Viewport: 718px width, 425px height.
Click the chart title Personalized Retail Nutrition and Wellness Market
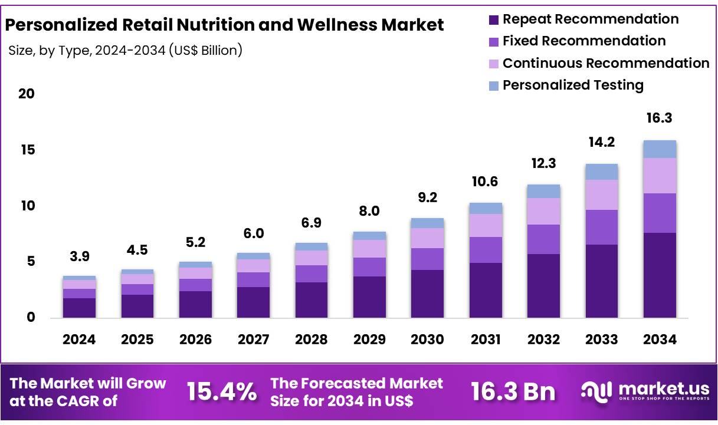point(224,25)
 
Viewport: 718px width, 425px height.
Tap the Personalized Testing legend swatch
point(493,85)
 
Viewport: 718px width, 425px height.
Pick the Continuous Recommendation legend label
point(605,63)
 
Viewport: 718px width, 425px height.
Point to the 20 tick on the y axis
point(27,94)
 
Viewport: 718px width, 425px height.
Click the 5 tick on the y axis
point(31,261)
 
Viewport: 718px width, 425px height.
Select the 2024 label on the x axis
point(79,340)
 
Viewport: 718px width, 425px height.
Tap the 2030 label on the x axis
point(427,340)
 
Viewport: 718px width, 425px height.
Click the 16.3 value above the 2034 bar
point(659,118)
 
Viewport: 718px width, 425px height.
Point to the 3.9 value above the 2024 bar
point(79,256)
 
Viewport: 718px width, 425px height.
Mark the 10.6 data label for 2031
point(485,182)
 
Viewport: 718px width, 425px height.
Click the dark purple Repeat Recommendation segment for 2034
point(659,275)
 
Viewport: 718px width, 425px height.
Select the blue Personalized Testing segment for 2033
point(601,172)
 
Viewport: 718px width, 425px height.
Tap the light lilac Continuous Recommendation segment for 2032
point(543,211)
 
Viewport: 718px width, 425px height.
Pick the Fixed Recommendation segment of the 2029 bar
point(369,267)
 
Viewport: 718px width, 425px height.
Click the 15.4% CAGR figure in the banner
point(222,391)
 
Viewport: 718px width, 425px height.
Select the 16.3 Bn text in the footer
point(513,391)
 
